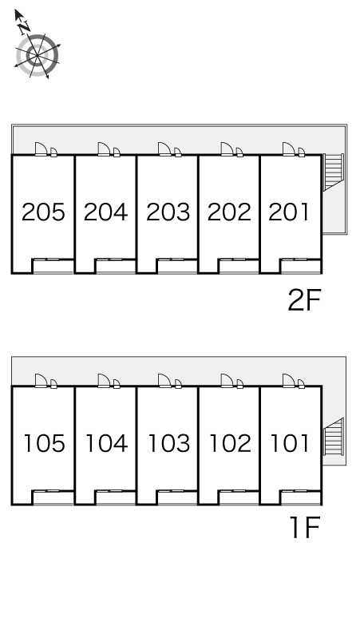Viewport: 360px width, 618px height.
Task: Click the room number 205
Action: pos(43,212)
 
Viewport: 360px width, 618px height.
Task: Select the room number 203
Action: pos(168,212)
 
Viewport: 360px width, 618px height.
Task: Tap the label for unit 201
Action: pos(289,212)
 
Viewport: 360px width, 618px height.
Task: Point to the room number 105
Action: pos(44,443)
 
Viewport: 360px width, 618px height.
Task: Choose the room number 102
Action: pos(230,443)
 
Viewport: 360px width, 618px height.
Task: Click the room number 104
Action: pos(106,443)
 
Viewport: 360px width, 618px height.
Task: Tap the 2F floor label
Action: pos(304,300)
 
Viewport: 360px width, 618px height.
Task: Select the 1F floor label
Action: pos(304,527)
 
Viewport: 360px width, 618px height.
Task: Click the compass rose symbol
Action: pos(38,55)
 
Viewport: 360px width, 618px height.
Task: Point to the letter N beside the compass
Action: pos(25,26)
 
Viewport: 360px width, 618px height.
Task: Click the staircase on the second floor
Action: pos(333,172)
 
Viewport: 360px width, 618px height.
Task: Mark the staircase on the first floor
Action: pos(333,436)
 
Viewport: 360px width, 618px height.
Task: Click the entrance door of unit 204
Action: pos(104,149)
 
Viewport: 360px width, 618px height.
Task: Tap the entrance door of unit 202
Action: pos(227,149)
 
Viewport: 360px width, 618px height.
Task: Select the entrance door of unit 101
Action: pos(289,381)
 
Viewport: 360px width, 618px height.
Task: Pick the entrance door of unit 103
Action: pos(164,381)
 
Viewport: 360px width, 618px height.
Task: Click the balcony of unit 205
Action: pos(53,266)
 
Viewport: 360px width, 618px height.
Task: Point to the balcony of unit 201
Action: pos(301,266)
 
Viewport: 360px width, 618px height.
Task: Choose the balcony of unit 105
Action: pos(53,497)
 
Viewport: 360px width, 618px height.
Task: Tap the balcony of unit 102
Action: pos(239,497)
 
